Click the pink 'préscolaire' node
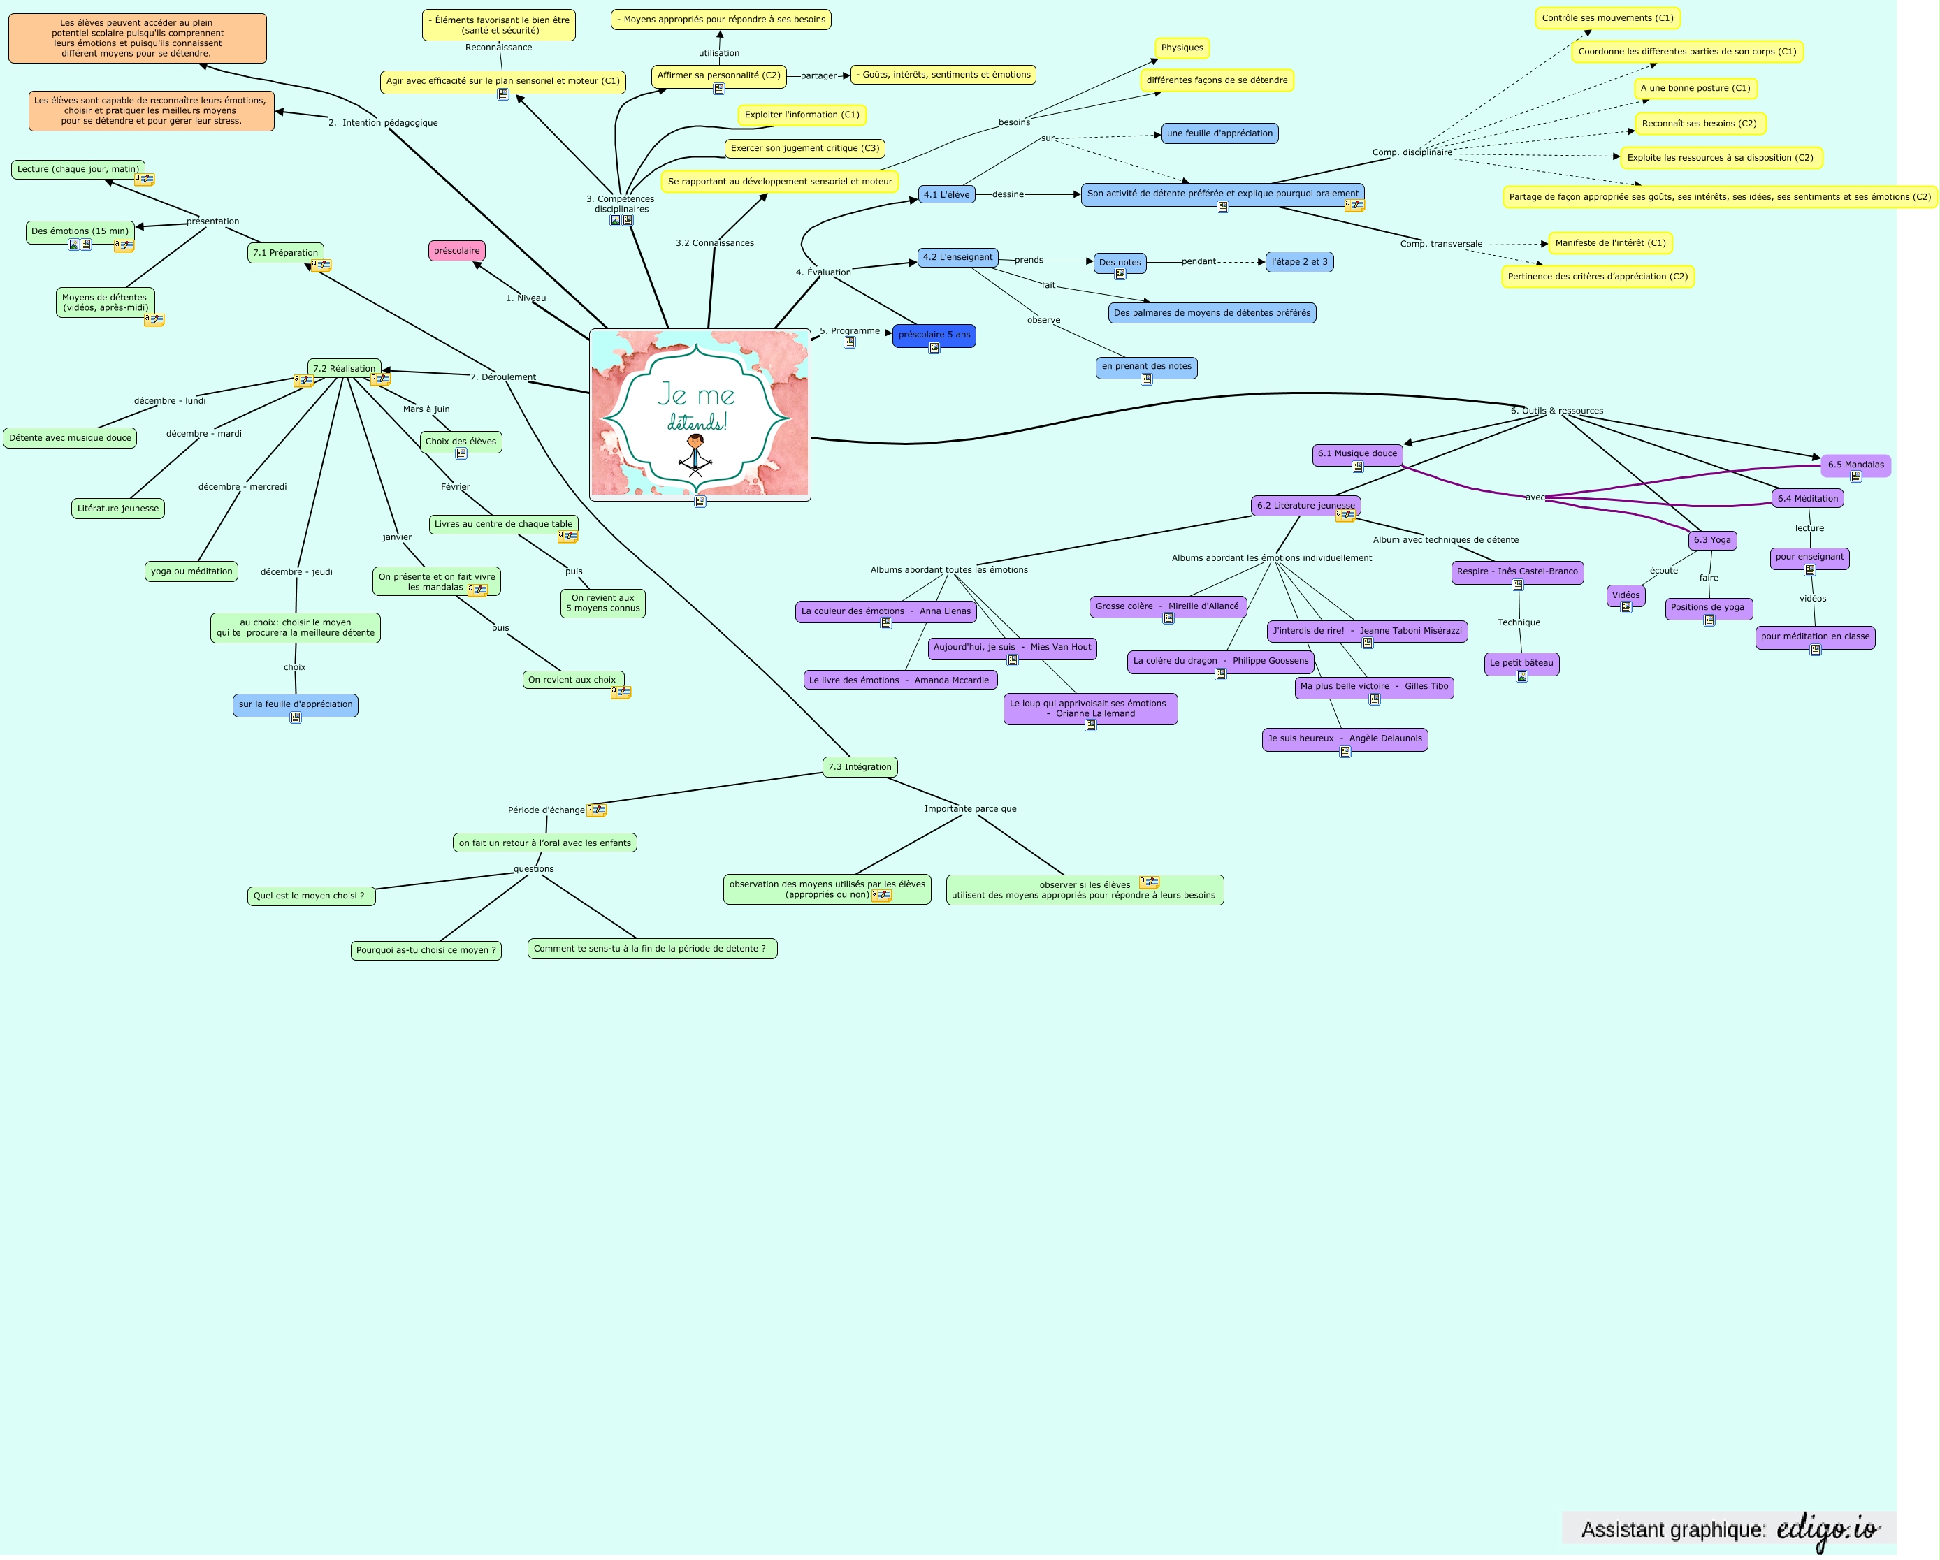456,251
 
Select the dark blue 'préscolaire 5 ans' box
934,335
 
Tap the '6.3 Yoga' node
1711,540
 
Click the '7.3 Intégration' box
860,767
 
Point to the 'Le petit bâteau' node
1521,663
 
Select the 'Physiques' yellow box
1182,48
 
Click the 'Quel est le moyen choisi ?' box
309,896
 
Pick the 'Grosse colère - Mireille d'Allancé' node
1167,606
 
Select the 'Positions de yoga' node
1707,607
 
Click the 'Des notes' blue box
1120,263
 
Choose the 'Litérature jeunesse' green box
118,509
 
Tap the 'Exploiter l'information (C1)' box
802,115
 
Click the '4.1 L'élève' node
947,194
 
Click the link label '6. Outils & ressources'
1556,411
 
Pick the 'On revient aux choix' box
572,680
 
